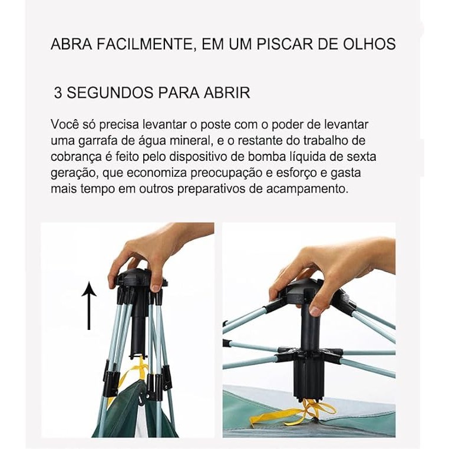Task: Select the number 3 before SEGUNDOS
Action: pos(58,93)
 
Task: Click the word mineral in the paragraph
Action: pos(190,141)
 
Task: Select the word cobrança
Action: pos(76,157)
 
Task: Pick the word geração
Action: pos(74,173)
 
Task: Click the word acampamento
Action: pos(308,189)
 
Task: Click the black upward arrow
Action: pos(89,306)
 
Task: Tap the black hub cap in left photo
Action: pos(140,278)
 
